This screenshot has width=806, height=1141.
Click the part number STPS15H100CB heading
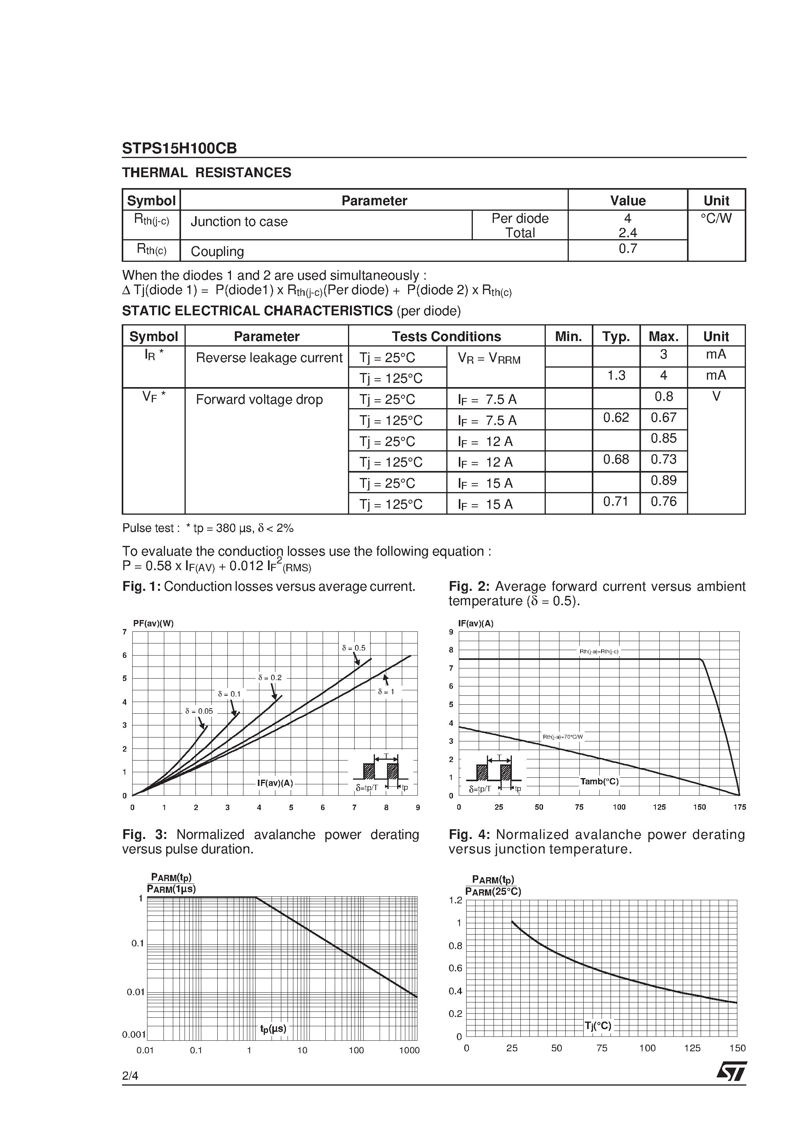(179, 148)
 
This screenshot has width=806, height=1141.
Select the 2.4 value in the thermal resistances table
(628, 233)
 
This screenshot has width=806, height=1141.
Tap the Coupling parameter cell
(217, 251)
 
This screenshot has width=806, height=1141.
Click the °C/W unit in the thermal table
(715, 219)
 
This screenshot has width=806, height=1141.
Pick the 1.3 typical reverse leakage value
(616, 376)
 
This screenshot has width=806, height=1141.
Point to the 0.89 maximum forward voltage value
(663, 480)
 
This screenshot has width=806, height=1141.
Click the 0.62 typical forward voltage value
(616, 418)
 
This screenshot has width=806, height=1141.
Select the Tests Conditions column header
(446, 336)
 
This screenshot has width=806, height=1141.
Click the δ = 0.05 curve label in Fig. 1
(199, 711)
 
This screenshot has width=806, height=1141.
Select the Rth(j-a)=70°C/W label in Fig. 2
(563, 737)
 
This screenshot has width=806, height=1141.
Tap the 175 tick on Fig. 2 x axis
(739, 807)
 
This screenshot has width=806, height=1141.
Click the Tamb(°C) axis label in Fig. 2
(599, 782)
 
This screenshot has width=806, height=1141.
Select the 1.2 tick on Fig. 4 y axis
(455, 901)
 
